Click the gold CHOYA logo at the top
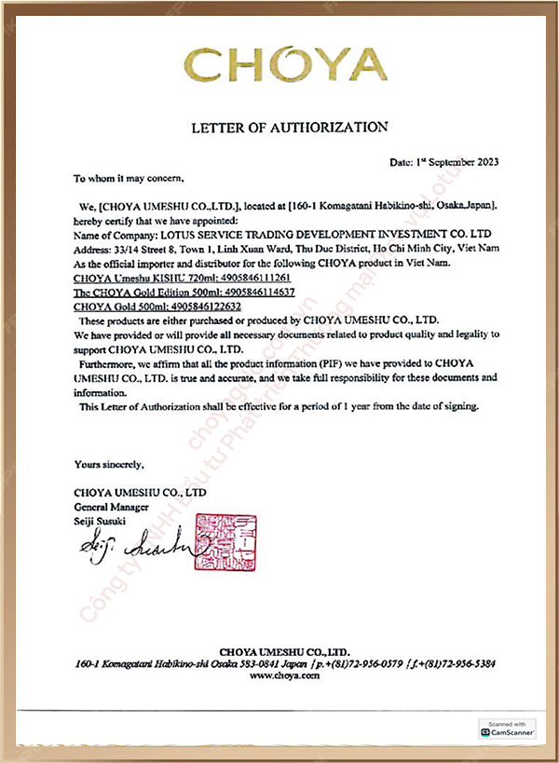coord(285,65)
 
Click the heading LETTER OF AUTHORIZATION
coord(289,126)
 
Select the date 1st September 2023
coord(444,161)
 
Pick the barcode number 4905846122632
coord(202,306)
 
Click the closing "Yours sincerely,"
coord(109,463)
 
